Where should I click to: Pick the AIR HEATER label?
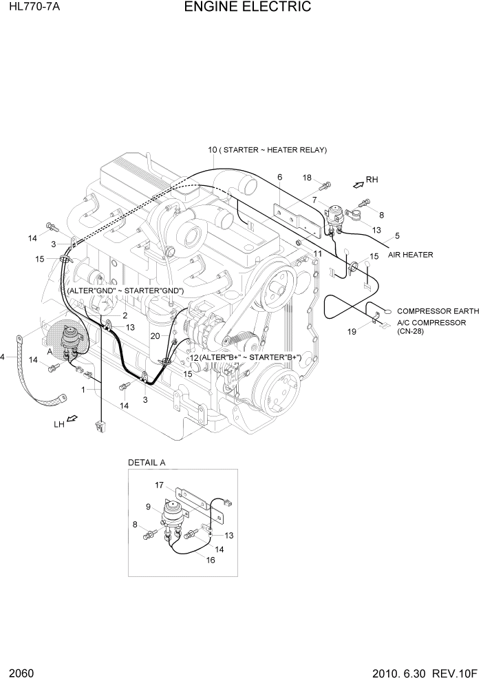click(410, 255)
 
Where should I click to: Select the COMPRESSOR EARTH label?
click(428, 311)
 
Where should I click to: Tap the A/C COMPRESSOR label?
click(431, 322)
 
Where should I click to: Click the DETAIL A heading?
click(147, 463)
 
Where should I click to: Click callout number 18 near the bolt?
click(308, 178)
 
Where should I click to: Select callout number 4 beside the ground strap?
click(3, 357)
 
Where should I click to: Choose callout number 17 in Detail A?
click(159, 485)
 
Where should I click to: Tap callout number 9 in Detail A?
click(147, 507)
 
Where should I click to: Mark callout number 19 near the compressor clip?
click(352, 331)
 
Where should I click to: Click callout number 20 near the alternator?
click(155, 335)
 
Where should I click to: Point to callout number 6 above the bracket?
click(279, 178)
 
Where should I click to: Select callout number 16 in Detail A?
click(211, 560)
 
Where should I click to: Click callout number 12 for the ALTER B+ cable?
click(194, 358)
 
